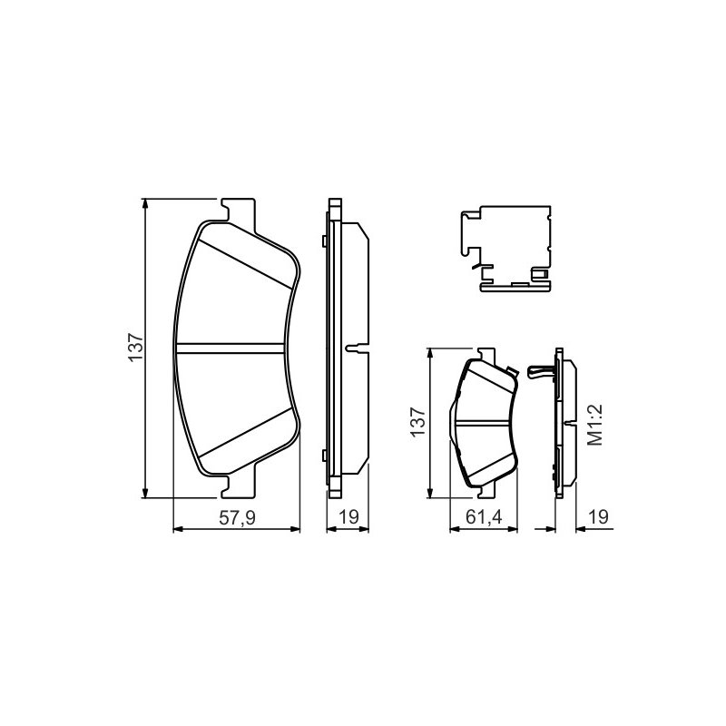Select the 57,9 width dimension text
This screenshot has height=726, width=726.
click(x=237, y=517)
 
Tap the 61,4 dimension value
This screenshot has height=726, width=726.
click(x=484, y=516)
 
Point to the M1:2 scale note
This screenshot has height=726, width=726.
click(x=595, y=425)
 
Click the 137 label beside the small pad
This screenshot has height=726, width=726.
click(x=418, y=422)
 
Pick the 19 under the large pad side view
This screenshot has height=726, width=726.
click(x=348, y=516)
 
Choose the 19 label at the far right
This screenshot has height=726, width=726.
click(x=599, y=516)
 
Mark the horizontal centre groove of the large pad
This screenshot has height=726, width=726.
click(x=231, y=348)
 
